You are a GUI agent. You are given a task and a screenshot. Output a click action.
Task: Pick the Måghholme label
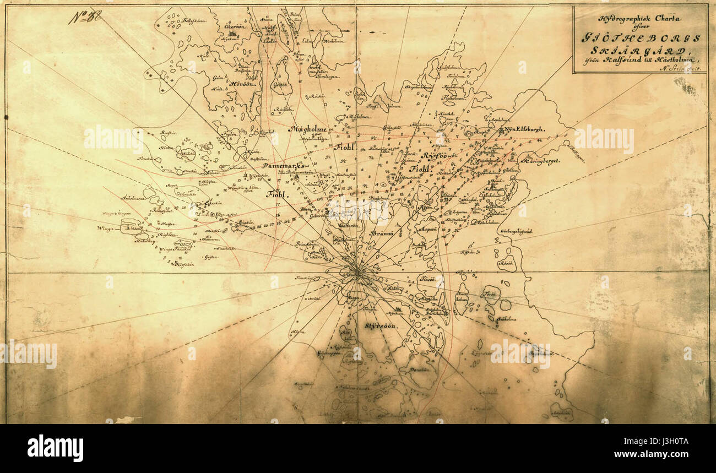pyautogui.click(x=307, y=129)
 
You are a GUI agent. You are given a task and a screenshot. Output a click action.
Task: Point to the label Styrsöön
pyautogui.click(x=380, y=325)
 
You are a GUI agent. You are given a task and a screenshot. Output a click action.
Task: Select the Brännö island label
pyautogui.click(x=381, y=233)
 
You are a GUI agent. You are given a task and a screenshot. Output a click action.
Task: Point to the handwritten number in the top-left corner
pyautogui.click(x=85, y=17)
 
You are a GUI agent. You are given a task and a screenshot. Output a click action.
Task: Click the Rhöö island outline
pyautogui.click(x=506, y=263)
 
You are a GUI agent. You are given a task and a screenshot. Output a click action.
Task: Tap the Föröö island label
pyautogui.click(x=490, y=294)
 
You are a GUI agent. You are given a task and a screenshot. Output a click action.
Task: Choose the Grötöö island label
pyautogui.click(x=280, y=85)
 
